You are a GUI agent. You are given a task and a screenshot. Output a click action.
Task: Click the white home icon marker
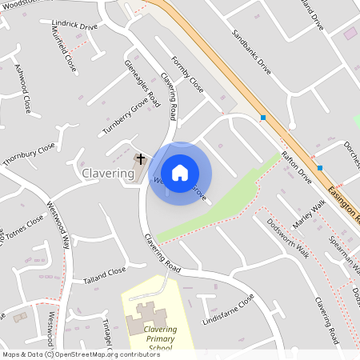coord(180,173)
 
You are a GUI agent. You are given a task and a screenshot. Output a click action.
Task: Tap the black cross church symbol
coord(141,159)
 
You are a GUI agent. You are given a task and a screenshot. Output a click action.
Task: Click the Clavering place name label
coord(108,174)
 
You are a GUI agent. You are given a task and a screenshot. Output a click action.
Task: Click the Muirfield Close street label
coord(66,50)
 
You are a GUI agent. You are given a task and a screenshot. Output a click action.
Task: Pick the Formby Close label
coord(187,74)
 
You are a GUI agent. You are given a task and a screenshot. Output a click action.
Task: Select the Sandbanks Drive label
coord(252,53)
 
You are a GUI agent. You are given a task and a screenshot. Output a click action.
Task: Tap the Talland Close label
coord(104,275)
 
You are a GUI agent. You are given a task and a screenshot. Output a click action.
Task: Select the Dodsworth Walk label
coord(288,238)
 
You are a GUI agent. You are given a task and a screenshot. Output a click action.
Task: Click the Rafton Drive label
coord(295,167)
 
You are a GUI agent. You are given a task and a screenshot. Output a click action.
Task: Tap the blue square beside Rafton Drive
coord(320,168)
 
